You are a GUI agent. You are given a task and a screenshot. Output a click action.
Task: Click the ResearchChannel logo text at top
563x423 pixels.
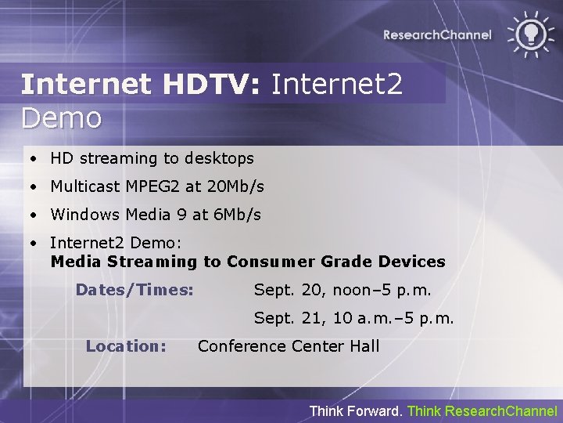[x=437, y=34]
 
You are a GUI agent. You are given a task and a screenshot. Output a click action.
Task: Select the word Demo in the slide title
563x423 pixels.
[x=62, y=118]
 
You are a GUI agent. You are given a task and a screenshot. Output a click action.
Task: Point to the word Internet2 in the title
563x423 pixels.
[x=337, y=85]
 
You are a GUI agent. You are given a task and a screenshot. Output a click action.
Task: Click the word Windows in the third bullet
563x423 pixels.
[x=81, y=215]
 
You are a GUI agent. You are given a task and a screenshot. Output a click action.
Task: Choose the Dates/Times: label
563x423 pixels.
[x=134, y=290]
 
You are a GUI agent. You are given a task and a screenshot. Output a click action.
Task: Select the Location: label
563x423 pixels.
[x=126, y=345]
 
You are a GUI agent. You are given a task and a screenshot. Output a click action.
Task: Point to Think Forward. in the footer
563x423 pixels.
[x=357, y=410]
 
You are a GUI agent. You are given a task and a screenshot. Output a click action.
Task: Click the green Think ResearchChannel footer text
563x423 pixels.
[x=482, y=410]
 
